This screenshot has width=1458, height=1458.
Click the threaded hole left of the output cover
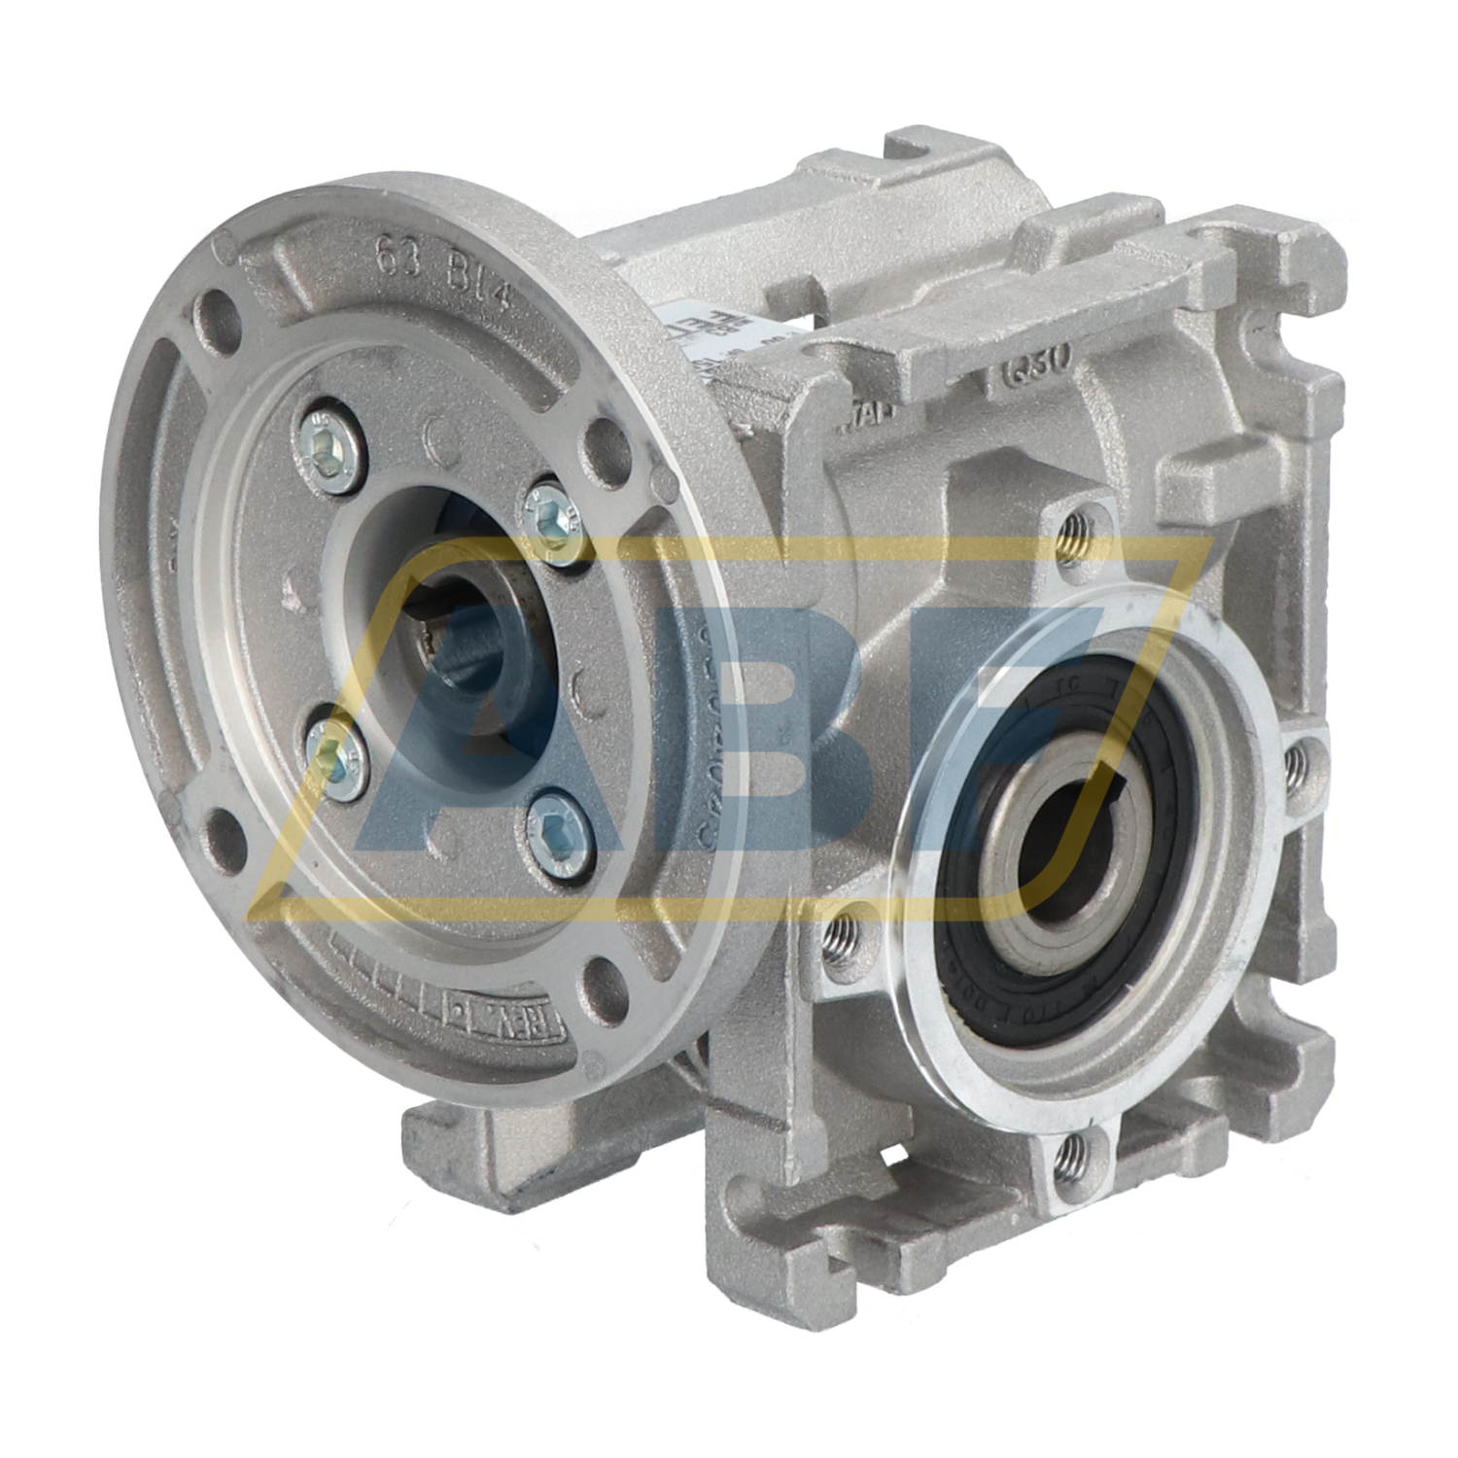tap(839, 938)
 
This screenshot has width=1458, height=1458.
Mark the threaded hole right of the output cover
tap(1296, 767)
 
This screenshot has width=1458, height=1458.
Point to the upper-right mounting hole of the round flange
tap(607, 450)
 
